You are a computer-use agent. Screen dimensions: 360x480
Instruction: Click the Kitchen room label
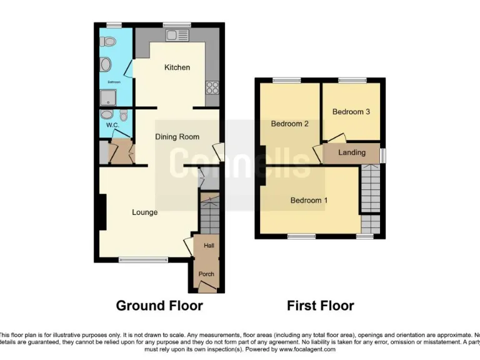pos(177,67)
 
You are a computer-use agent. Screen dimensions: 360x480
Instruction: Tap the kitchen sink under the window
pos(173,36)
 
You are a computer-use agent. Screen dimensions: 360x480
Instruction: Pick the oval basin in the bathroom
pos(105,64)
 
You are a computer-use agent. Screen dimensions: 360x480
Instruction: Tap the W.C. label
pos(112,125)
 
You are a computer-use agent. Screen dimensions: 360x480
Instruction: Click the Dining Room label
pos(177,137)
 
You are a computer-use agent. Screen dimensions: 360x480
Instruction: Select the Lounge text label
pos(144,212)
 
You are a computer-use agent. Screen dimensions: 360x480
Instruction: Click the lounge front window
pos(143,259)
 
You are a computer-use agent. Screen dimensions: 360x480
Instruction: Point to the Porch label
pos(206,274)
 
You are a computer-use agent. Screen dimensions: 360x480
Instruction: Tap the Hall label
pos(209,246)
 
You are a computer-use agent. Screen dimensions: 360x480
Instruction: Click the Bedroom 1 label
pos(309,201)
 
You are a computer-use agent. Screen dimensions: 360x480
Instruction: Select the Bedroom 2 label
pos(289,124)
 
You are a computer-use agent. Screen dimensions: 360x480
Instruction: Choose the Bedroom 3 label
pos(351,112)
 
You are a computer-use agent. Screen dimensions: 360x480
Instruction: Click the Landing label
pos(352,152)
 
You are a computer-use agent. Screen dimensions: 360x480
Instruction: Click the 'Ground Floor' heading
pos(159,306)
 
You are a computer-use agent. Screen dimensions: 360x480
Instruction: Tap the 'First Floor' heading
pos(320,306)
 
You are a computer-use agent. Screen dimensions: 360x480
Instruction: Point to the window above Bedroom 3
pos(352,80)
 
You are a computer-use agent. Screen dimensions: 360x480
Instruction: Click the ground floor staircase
pos(209,215)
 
